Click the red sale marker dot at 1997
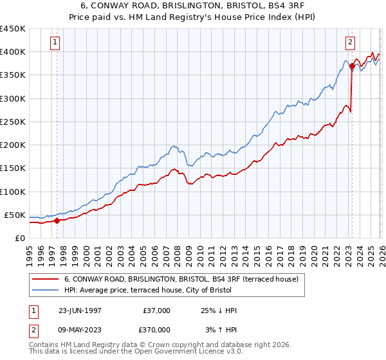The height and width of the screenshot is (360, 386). (x=57, y=221)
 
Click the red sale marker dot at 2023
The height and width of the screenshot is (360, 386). (x=352, y=66)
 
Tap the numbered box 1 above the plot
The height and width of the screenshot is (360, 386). (x=56, y=43)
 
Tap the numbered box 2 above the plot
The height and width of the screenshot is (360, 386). (x=351, y=43)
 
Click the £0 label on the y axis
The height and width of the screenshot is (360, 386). (x=19, y=238)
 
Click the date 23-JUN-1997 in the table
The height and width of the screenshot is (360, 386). (x=80, y=310)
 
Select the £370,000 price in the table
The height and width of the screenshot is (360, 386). (x=156, y=329)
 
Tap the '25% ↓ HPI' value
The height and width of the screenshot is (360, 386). (x=218, y=310)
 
